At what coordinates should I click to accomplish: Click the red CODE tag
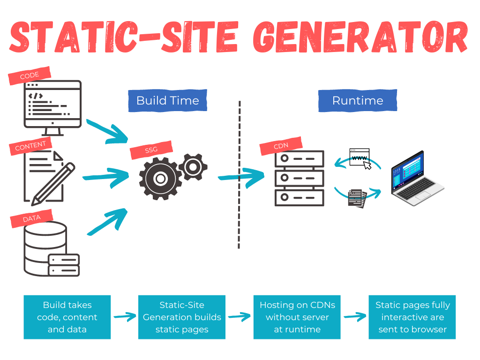(x=29, y=76)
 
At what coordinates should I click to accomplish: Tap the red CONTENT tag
(x=30, y=147)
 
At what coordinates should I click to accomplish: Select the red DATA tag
(x=31, y=218)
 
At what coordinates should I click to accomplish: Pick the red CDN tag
(x=281, y=146)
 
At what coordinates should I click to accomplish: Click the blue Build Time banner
(x=167, y=100)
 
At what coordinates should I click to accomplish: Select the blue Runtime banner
(x=357, y=100)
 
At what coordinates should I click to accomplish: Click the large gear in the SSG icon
(x=160, y=179)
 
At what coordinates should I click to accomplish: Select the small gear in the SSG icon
(x=193, y=166)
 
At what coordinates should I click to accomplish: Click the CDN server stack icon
(x=299, y=178)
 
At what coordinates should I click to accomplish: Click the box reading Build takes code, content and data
(x=67, y=317)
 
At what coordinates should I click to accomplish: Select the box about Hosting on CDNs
(x=297, y=317)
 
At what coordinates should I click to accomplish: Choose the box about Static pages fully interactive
(x=412, y=317)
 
